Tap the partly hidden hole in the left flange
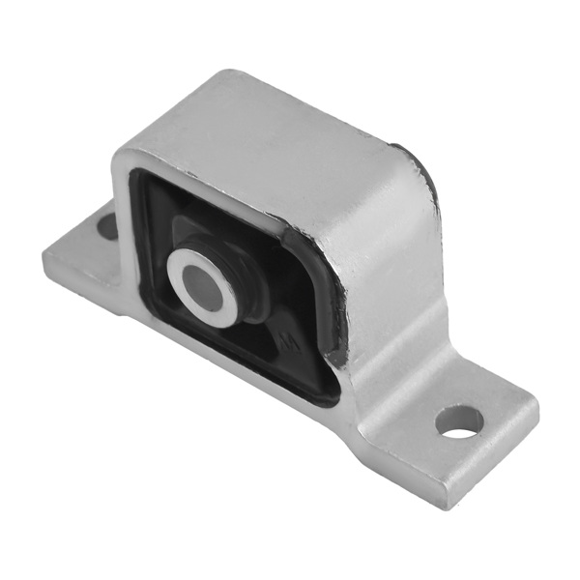click(107, 227)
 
